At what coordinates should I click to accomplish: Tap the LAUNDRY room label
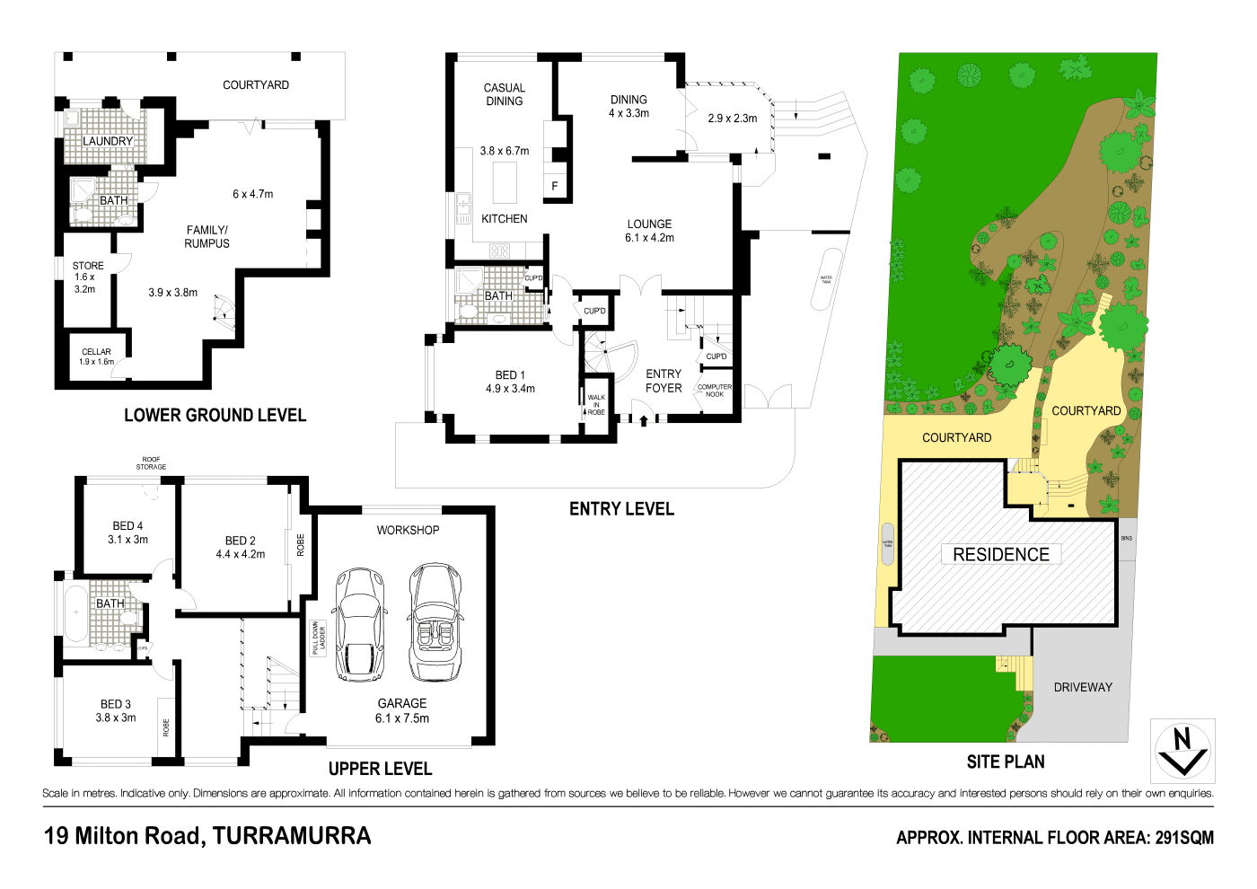108,141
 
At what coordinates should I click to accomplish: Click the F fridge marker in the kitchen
555,186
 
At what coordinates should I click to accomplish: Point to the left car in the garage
360,624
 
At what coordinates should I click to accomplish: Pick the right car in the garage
435,622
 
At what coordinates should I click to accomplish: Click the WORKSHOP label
408,530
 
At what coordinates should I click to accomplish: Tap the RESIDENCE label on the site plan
1001,554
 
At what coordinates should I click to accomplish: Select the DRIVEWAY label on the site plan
1083,687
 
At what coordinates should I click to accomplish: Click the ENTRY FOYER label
664,381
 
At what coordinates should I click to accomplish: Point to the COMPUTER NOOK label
715,391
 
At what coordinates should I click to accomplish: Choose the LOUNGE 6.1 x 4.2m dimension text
649,238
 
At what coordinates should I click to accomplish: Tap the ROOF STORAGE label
151,463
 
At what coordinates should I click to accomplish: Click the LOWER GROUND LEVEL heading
215,415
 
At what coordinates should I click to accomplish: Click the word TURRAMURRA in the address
292,836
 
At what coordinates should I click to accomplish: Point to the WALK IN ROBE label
596,404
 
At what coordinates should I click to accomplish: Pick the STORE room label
88,266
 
